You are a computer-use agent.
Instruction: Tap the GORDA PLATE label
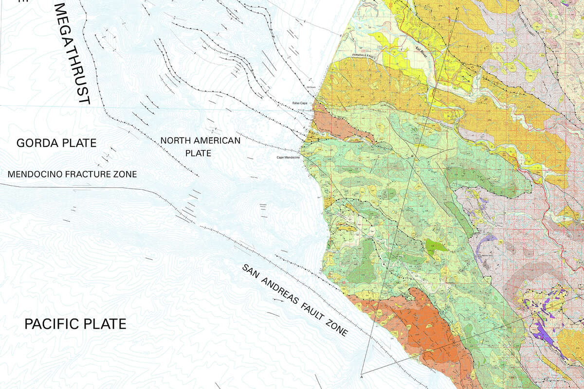point(56,143)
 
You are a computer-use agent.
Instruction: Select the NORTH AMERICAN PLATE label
point(201,146)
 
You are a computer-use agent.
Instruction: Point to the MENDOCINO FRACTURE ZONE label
point(73,174)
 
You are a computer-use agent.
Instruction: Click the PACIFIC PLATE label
point(75,324)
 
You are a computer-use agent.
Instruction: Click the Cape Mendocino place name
point(289,157)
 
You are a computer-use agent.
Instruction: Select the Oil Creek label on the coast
point(311,88)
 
